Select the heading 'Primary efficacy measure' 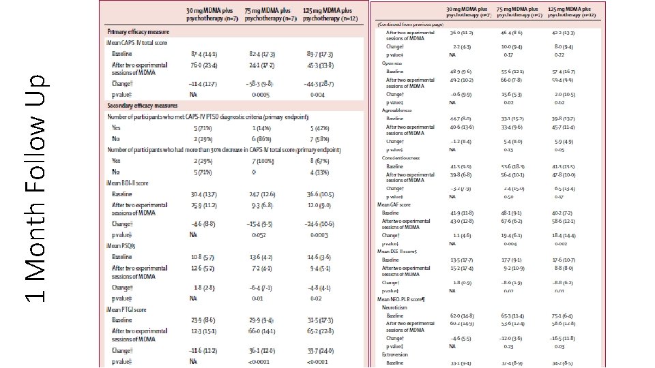pos(139,32)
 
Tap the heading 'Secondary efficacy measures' pos(142,106)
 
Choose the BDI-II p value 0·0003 pos(319,234)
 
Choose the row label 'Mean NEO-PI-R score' pos(407,299)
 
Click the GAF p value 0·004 pos(508,243)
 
